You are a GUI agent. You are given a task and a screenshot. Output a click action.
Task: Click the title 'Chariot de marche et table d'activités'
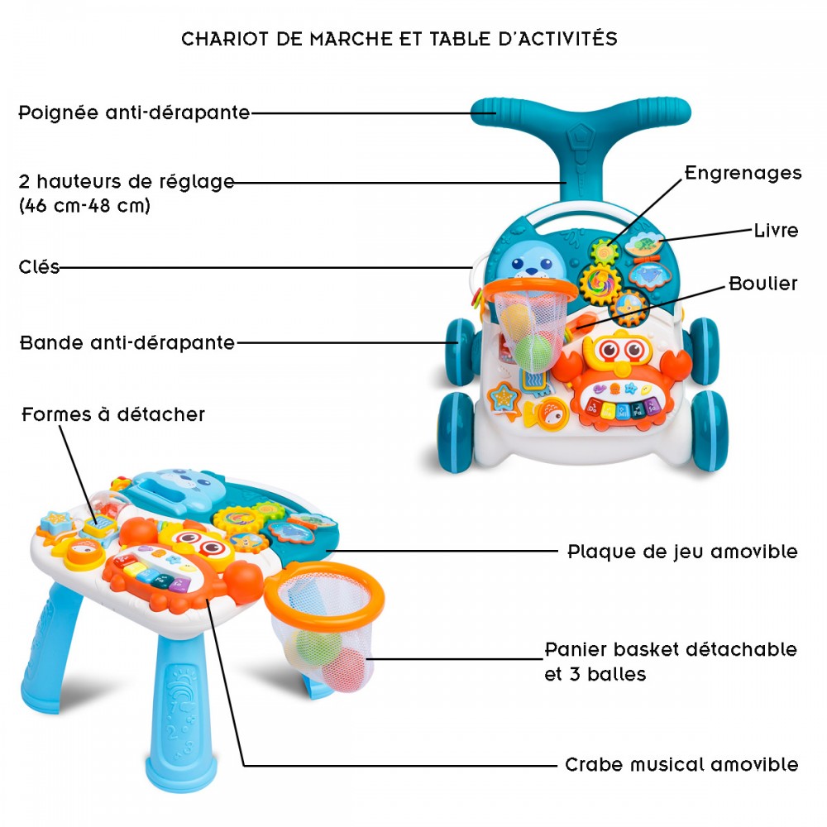(x=399, y=39)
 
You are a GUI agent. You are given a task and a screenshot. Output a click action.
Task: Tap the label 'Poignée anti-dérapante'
(x=134, y=112)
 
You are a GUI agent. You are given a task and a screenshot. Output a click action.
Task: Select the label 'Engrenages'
(x=743, y=173)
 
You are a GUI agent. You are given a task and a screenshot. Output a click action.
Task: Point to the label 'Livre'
(x=776, y=231)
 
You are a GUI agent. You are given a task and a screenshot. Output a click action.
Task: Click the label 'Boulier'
(x=762, y=284)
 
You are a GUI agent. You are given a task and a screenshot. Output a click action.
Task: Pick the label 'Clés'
(x=39, y=267)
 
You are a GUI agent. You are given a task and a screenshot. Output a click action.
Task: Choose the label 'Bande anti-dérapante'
(x=127, y=343)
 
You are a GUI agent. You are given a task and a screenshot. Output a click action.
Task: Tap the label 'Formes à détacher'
(x=112, y=414)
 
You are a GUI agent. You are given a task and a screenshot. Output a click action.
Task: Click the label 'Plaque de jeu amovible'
(x=682, y=552)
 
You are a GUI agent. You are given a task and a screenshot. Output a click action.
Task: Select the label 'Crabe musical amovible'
(x=681, y=764)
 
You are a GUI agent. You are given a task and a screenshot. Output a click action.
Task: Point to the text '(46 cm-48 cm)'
(x=84, y=205)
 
